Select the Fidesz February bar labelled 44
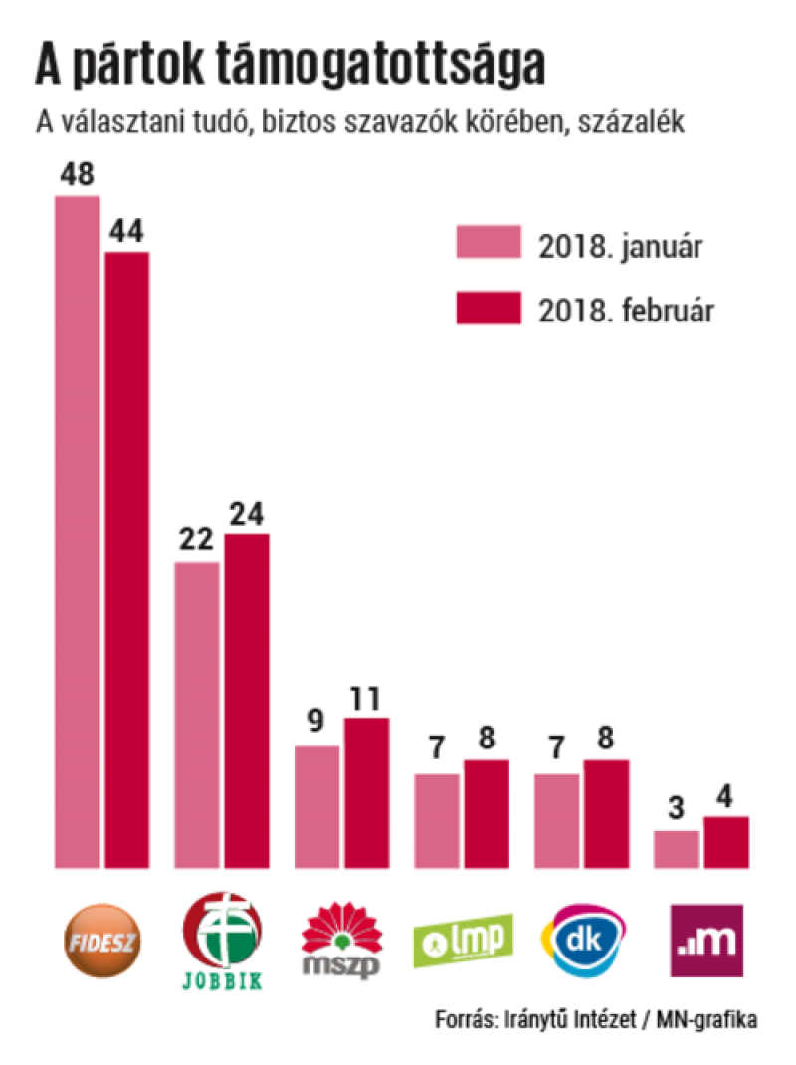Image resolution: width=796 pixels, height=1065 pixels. [126, 559]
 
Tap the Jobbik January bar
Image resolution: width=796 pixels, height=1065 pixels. [197, 715]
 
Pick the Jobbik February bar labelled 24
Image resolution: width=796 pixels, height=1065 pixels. [246, 701]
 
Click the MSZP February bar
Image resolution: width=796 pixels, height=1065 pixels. [366, 792]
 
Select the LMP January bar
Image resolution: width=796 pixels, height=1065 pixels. [437, 820]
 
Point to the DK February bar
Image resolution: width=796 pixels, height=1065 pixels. [605, 813]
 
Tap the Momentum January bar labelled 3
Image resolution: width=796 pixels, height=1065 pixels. [677, 848]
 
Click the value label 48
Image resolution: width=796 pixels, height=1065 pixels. [77, 175]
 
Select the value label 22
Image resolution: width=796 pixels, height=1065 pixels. [197, 542]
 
